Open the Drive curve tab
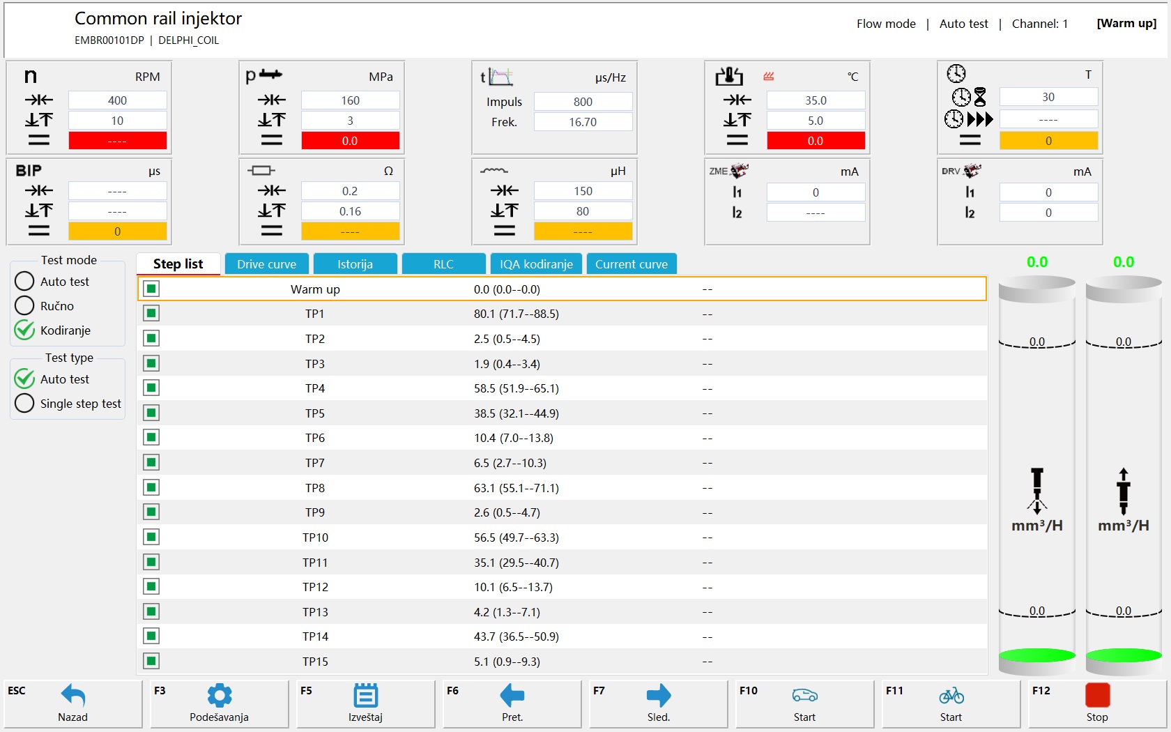point(266,264)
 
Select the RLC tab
point(443,264)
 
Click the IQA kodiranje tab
point(536,264)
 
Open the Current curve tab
point(631,264)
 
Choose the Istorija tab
point(355,264)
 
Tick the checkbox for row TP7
point(151,462)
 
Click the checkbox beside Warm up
point(151,289)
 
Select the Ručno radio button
point(24,305)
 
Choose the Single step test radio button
point(24,403)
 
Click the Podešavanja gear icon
point(219,696)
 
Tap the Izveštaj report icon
point(365,696)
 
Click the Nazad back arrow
point(73,696)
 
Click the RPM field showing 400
point(117,100)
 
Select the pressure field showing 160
point(350,100)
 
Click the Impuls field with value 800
point(583,102)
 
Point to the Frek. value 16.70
point(583,122)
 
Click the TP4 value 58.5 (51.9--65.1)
point(516,388)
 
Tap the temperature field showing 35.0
point(816,100)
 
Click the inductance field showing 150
point(583,191)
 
